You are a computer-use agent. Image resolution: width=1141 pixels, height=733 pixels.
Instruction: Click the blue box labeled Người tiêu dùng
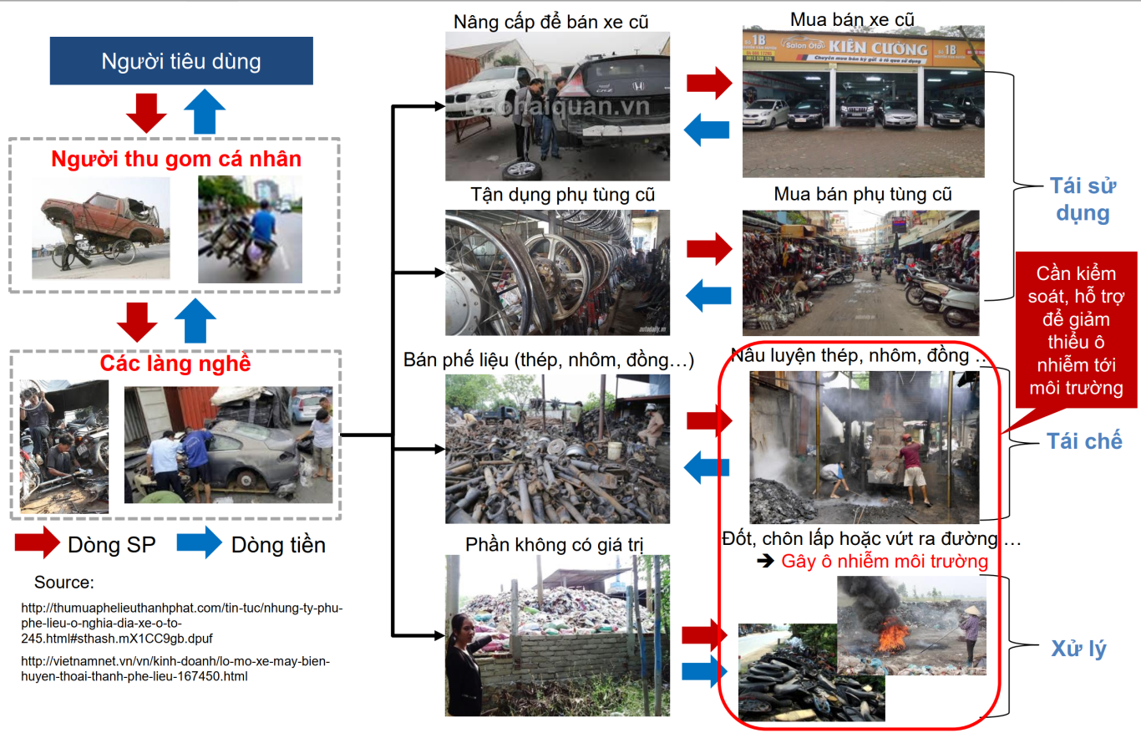[181, 61]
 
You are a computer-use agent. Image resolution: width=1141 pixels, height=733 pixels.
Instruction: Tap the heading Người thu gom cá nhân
[175, 159]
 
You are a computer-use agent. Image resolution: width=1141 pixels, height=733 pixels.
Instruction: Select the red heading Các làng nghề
[175, 364]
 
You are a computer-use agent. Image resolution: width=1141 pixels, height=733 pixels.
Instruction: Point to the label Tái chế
[1084, 440]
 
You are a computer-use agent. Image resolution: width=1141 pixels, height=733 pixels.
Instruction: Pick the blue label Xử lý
[1078, 649]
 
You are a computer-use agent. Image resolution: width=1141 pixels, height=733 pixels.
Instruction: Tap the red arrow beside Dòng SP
[37, 542]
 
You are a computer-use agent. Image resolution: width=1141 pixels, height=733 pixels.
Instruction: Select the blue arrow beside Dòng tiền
[199, 542]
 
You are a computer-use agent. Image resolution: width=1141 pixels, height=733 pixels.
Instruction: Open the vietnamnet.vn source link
[175, 669]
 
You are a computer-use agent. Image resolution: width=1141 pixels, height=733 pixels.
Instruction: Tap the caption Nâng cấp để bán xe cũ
[551, 21]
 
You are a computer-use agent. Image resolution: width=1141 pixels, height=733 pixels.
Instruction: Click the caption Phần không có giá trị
[555, 544]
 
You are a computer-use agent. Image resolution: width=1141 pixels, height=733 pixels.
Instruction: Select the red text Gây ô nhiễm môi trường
[885, 561]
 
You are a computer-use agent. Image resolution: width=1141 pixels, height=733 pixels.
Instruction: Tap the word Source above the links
[64, 583]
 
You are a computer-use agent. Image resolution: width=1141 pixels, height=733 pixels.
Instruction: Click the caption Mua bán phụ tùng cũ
[863, 195]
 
